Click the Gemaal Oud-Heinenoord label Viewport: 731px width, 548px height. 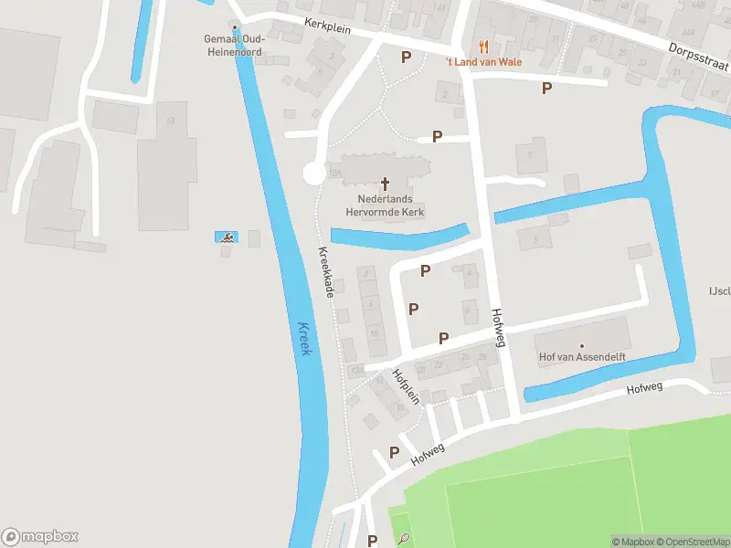tap(235, 44)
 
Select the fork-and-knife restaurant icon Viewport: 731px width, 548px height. tap(484, 46)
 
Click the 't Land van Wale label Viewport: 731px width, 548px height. tap(484, 62)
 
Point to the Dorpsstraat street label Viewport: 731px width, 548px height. tap(698, 60)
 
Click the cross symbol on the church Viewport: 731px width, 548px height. tap(385, 184)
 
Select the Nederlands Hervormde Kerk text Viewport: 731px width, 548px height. tap(385, 205)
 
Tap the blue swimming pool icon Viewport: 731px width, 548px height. tap(226, 237)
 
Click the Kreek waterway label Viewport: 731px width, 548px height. tap(304, 339)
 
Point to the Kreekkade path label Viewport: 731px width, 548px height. tap(325, 271)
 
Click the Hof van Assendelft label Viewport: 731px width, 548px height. tap(580, 357)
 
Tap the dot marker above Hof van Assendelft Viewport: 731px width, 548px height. tap(580, 345)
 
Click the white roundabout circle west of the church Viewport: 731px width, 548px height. tap(313, 174)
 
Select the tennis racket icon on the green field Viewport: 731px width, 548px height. tap(402, 540)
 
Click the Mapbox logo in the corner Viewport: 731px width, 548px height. tap(40, 537)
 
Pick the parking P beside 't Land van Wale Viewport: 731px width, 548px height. tap(406, 57)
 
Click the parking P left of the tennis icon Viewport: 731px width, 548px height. tap(372, 541)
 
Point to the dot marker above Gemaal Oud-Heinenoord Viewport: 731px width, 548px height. tap(235, 27)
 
